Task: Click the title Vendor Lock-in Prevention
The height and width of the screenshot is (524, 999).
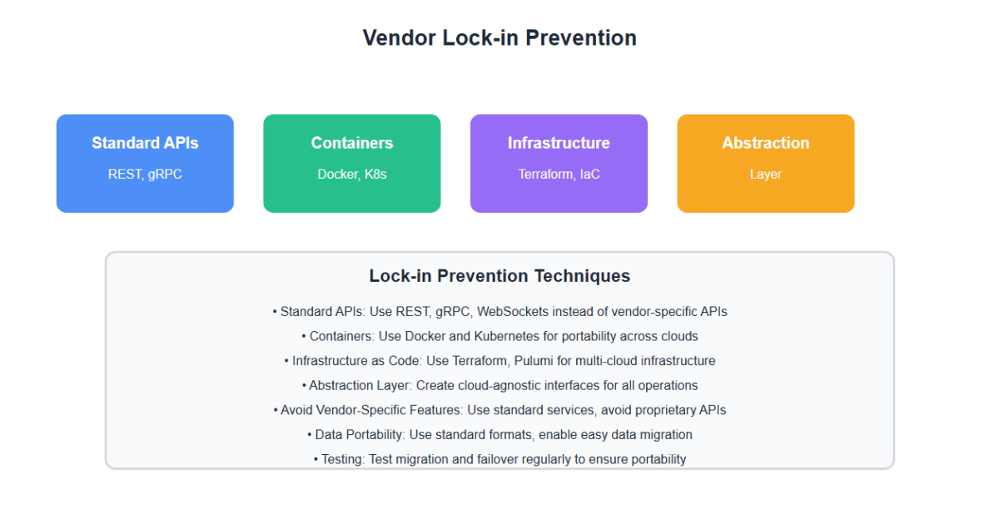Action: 499,38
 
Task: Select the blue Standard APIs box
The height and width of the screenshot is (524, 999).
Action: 145,164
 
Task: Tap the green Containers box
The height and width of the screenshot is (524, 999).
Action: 352,164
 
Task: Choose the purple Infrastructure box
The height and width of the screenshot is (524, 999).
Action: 559,164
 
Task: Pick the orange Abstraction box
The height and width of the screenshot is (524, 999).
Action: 766,164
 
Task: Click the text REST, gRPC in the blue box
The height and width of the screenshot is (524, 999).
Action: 145,174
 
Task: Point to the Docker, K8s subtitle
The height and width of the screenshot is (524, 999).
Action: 352,174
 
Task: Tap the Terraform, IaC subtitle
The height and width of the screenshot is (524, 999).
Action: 559,174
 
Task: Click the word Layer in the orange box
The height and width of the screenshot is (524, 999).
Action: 766,174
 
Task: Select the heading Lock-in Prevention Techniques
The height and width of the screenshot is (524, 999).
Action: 499,276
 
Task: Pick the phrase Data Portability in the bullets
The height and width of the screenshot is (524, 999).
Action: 360,434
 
